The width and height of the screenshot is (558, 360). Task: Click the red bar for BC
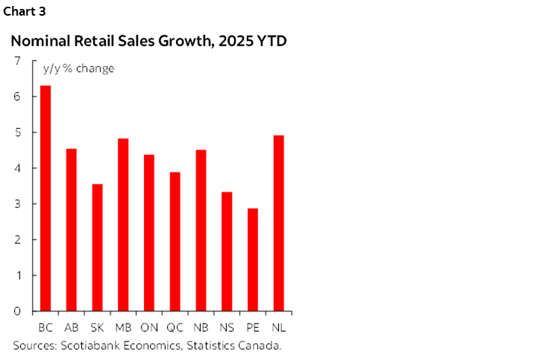pos(46,198)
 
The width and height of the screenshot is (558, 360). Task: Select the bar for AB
pos(71,230)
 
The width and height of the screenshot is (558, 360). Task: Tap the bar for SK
pos(97,247)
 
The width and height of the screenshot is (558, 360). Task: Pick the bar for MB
pos(123,224)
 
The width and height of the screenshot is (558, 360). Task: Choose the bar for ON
pos(149,233)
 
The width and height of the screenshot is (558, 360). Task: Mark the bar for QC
pos(175,241)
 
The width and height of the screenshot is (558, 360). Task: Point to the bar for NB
pos(201,230)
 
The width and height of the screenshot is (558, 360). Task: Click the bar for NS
pos(227,251)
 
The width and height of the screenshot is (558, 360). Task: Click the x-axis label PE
pos(253,327)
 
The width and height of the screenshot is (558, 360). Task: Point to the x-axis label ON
pos(149,327)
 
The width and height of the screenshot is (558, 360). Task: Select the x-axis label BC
pos(46,327)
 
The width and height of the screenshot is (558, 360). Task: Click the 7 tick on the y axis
pos(16,61)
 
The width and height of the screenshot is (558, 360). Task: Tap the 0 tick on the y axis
pos(16,312)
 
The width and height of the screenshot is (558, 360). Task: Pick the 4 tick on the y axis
pos(16,168)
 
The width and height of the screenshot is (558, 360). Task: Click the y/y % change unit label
pos(78,69)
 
